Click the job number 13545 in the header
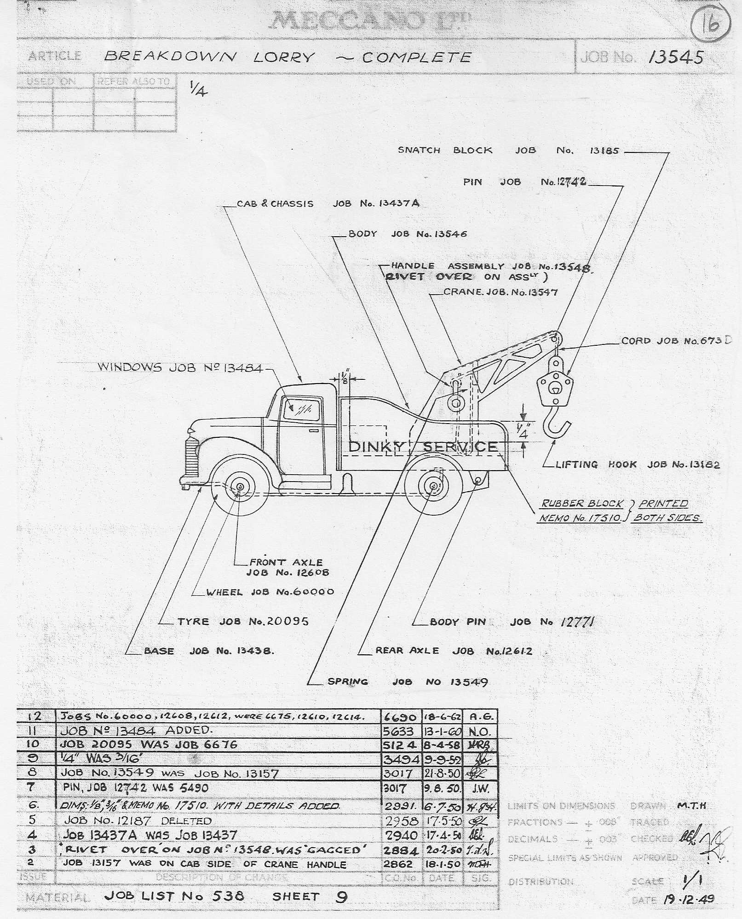675,57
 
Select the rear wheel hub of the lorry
432,486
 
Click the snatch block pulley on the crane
555,384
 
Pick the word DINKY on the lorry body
376,447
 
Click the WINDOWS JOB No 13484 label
179,368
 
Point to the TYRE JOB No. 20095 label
243,622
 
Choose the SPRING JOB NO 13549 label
407,682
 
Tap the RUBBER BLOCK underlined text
582,503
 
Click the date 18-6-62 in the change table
442,717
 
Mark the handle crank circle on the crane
455,403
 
